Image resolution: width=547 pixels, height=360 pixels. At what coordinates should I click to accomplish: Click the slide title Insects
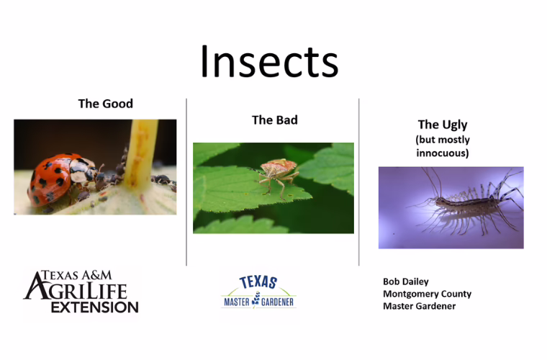[269, 61]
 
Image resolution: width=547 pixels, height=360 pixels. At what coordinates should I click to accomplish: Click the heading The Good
[105, 104]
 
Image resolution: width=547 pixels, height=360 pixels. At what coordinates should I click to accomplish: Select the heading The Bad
[274, 120]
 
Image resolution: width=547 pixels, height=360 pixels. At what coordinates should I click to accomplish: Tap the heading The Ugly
[443, 125]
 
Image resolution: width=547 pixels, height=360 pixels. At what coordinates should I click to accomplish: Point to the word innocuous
[443, 153]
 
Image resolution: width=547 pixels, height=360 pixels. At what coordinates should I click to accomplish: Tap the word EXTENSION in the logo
[94, 307]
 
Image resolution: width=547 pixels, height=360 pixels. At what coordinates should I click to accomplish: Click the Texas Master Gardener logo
[258, 292]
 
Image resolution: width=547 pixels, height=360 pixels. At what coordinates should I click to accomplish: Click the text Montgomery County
[427, 294]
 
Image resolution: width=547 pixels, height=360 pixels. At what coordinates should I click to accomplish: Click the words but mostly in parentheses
[443, 139]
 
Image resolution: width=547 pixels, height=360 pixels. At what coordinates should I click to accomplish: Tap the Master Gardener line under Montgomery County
[419, 306]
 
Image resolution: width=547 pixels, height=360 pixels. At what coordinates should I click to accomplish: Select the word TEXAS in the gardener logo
[258, 282]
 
